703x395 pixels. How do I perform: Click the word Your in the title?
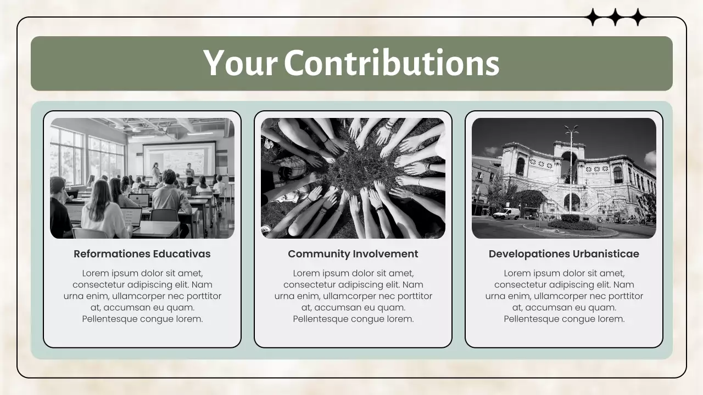[240, 63]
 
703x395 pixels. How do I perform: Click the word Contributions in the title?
[391, 63]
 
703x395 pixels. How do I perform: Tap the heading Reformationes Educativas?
[142, 254]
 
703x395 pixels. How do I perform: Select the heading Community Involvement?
[353, 254]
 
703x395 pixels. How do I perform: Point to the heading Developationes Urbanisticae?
[564, 254]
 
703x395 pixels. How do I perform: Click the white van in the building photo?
[506, 213]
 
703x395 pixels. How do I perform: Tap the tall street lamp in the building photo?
[571, 165]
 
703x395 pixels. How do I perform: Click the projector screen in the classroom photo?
[179, 159]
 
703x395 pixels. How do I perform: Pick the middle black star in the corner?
[615, 18]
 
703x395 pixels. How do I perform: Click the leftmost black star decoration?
[593, 18]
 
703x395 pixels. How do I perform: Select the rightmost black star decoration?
[637, 18]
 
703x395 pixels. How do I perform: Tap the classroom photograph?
[142, 178]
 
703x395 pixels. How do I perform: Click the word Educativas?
[182, 254]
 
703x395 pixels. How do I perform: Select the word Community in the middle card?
[319, 254]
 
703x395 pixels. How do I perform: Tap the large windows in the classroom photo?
[67, 155]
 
